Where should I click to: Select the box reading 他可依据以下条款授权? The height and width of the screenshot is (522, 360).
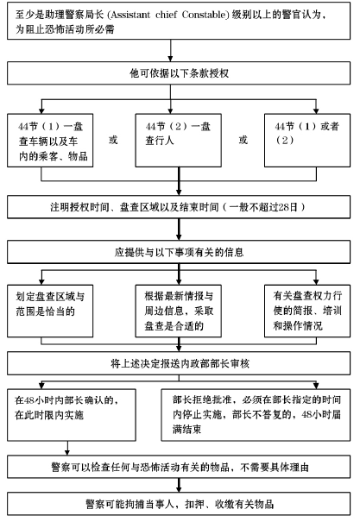click(179, 72)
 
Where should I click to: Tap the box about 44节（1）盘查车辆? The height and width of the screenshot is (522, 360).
click(50, 140)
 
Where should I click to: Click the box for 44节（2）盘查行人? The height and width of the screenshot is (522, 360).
click(179, 140)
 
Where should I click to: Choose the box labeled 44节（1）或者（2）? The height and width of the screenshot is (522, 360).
click(307, 140)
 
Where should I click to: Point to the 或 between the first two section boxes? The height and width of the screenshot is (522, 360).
click(113, 140)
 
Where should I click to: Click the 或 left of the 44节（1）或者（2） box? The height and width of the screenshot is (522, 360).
click(243, 140)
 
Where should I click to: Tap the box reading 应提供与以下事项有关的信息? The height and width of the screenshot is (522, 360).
click(179, 252)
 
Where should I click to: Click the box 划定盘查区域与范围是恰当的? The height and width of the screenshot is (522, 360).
click(50, 311)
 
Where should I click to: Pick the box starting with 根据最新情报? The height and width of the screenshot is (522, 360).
click(179, 311)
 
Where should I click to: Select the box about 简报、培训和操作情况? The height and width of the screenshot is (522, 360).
click(307, 311)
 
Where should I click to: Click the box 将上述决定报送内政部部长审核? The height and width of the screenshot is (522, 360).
click(179, 363)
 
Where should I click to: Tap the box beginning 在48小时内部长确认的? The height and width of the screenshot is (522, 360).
click(72, 415)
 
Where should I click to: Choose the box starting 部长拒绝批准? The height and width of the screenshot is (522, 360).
click(256, 415)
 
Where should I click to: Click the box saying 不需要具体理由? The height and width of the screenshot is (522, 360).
click(179, 467)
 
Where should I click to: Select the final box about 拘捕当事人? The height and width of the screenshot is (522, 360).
click(179, 504)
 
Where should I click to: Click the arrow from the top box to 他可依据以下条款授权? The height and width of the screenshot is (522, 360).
click(171, 51)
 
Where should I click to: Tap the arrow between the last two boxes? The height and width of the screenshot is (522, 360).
click(179, 486)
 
